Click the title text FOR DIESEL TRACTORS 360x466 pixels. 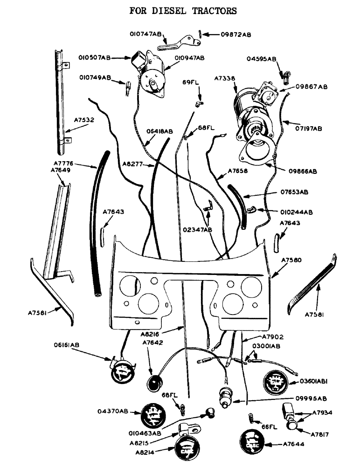click(x=183, y=10)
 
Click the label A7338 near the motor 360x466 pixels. click(x=224, y=78)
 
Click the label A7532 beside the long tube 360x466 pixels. click(x=84, y=120)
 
